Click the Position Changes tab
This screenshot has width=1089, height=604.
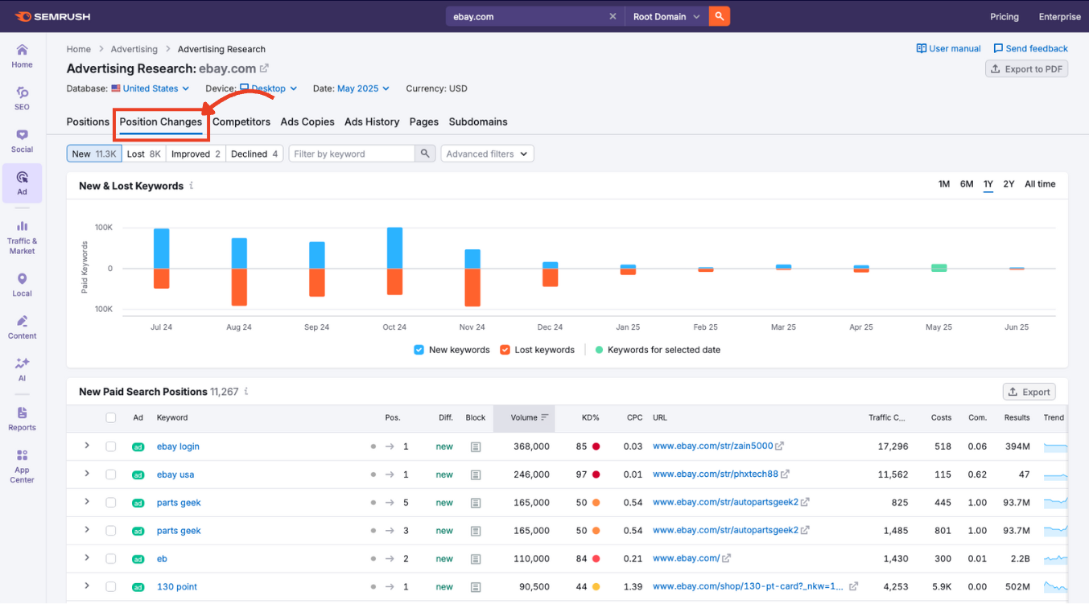point(160,122)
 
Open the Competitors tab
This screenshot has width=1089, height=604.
point(241,122)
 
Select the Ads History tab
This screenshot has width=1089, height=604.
point(371,122)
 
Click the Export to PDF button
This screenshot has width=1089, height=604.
point(1026,69)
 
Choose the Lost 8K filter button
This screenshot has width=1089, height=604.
point(144,154)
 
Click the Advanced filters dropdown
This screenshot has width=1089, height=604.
point(487,154)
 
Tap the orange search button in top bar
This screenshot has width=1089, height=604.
point(720,16)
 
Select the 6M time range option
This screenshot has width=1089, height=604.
point(967,184)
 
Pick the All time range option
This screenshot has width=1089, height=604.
point(1039,184)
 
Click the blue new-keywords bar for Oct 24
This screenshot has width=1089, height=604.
point(394,248)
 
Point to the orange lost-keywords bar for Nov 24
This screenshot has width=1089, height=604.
point(472,287)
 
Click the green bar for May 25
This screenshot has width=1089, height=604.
point(938,268)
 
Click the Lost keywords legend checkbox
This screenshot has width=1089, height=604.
point(505,350)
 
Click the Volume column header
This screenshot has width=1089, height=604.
point(524,417)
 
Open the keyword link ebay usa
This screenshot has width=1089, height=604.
point(175,475)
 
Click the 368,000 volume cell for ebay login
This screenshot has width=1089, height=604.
point(530,446)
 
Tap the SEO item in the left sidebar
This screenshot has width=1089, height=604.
point(22,97)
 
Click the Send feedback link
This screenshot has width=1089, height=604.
point(1030,48)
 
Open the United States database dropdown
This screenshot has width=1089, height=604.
point(151,88)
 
